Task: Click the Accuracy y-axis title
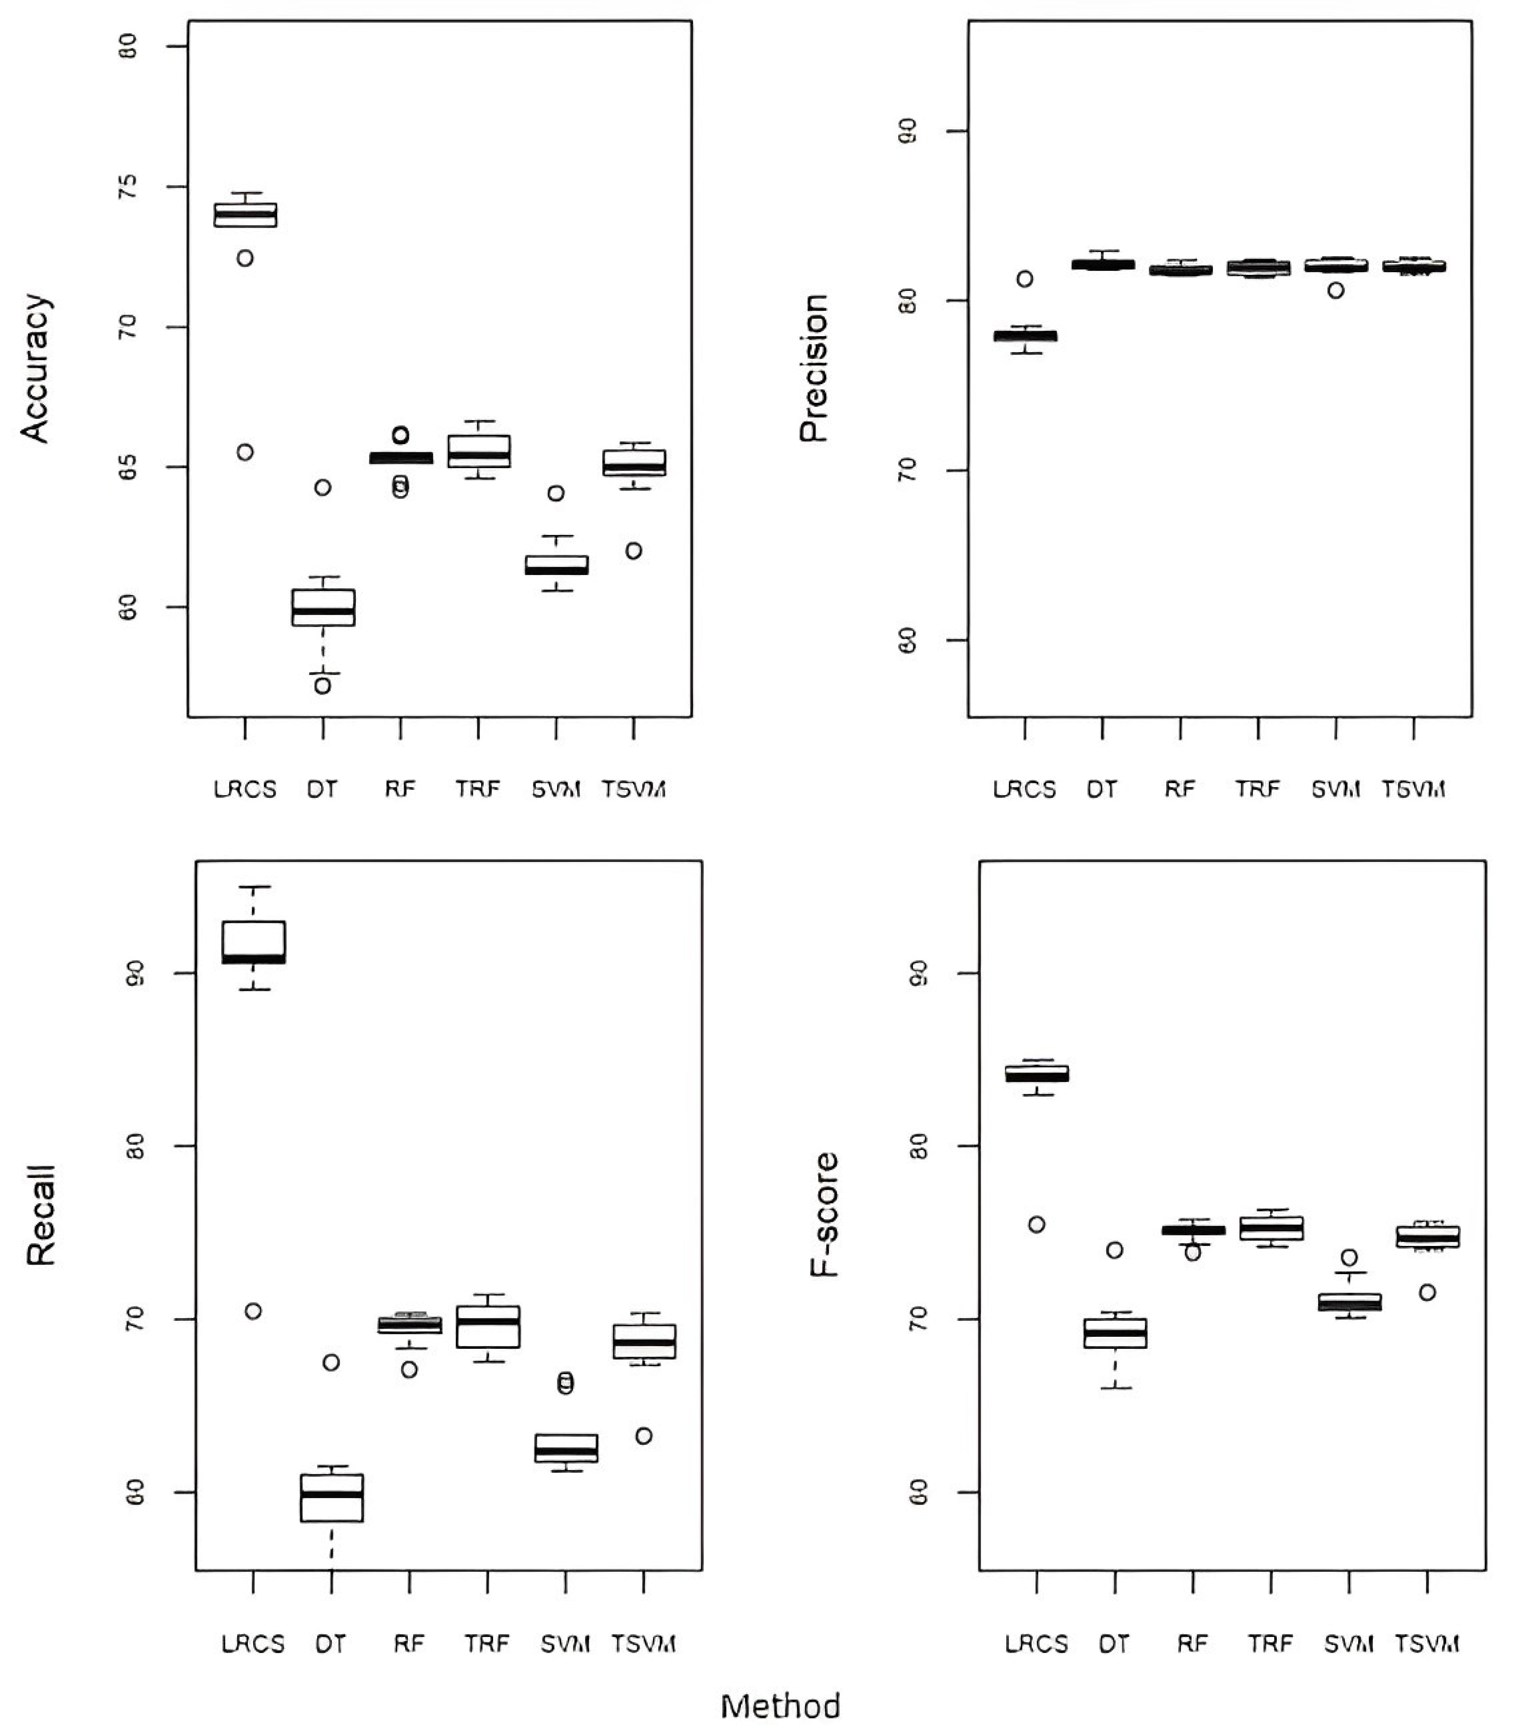[35, 368]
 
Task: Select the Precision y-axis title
[814, 368]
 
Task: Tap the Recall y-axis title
[41, 1215]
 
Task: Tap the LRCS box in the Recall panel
[253, 942]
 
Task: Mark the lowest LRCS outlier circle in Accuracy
[245, 452]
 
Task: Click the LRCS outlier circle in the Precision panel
[1025, 279]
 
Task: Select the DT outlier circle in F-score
[1114, 1250]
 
